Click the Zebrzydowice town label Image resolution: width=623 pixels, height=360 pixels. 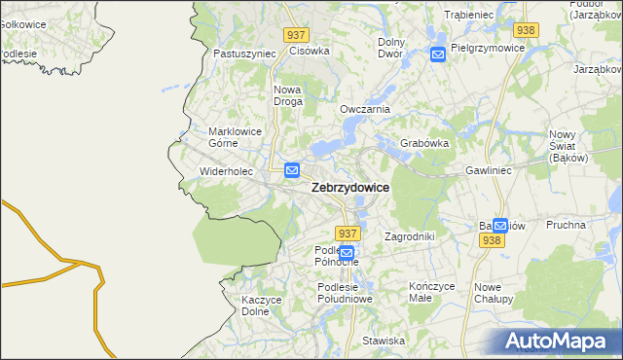(350, 188)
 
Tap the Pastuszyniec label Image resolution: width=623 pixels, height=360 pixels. (242, 54)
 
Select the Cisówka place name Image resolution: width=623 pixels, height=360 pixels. (310, 51)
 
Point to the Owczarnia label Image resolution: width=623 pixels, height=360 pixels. (364, 109)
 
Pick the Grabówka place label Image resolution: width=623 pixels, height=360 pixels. (423, 143)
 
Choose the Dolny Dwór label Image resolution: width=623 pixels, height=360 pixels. (390, 48)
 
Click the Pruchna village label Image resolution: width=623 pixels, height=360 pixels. (566, 225)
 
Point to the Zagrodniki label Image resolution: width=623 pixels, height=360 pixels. (409, 236)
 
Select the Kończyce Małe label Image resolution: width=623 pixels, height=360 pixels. (432, 293)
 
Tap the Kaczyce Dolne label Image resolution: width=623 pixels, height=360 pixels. (261, 306)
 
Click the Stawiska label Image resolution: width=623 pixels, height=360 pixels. (383, 341)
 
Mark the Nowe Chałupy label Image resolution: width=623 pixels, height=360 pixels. (495, 293)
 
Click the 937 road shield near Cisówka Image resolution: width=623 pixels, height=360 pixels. (298, 34)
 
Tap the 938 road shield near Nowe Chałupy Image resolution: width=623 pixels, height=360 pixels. (492, 240)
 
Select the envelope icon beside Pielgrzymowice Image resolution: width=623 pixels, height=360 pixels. (438, 54)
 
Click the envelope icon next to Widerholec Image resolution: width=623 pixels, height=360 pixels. (292, 170)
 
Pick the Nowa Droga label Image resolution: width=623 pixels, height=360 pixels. (288, 95)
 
